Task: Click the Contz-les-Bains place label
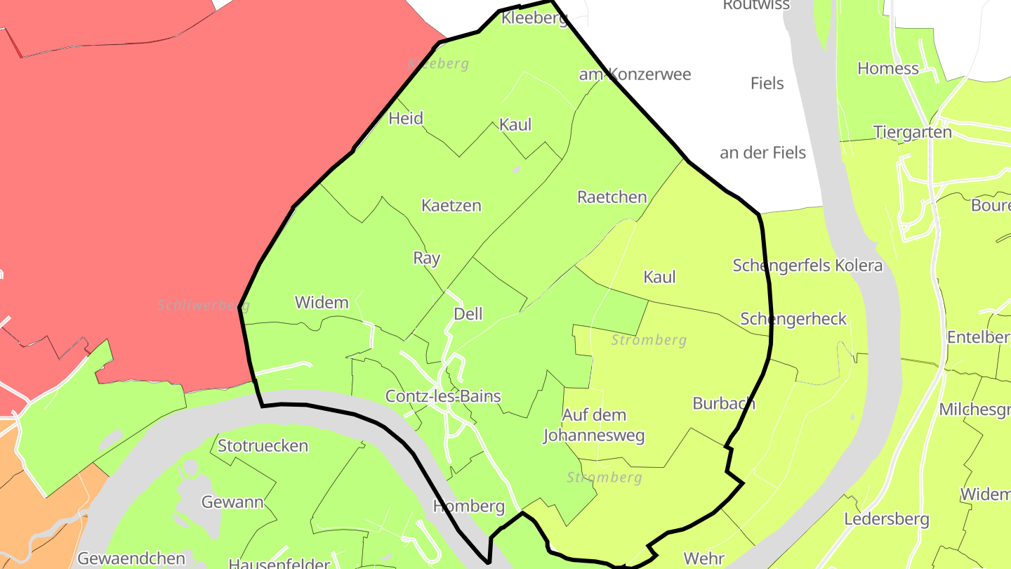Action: tap(443, 396)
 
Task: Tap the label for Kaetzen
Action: tap(451, 206)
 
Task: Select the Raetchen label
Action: tap(612, 197)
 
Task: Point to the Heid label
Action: tap(406, 118)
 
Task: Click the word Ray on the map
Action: tap(426, 258)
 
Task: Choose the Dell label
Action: tap(468, 314)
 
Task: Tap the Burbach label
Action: tap(724, 403)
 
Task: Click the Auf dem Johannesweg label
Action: tap(594, 425)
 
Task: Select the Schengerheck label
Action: tap(793, 320)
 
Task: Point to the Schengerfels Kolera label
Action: tap(807, 266)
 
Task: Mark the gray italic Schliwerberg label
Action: tap(204, 306)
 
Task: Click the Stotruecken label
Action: tap(263, 446)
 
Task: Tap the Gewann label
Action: tap(232, 502)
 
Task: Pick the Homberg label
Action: tap(469, 506)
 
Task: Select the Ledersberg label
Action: tap(887, 520)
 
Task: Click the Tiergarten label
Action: tap(913, 132)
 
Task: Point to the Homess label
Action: tap(888, 69)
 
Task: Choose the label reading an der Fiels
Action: tap(762, 153)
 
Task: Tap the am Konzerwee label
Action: tap(635, 74)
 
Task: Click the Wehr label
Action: tap(703, 558)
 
